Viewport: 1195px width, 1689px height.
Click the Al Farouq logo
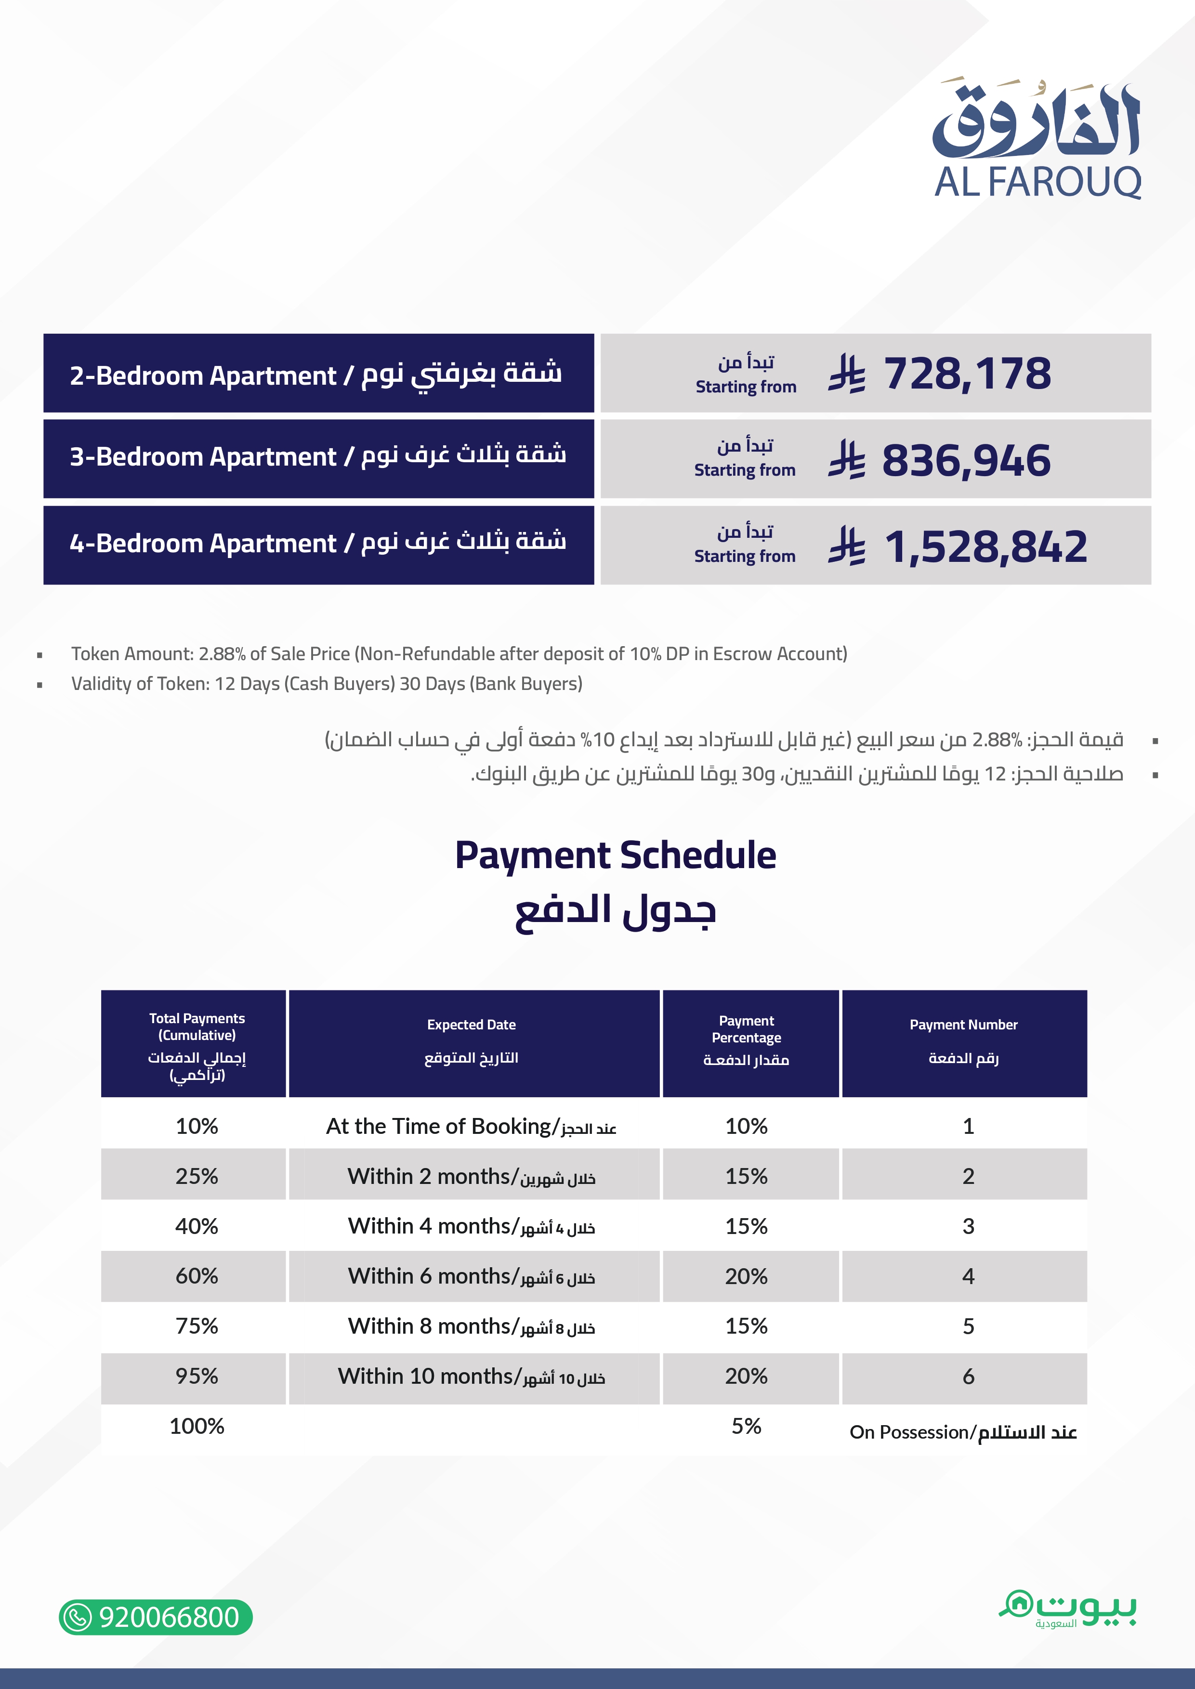(x=1037, y=140)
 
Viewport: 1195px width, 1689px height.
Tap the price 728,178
(x=967, y=374)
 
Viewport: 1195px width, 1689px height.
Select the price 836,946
(x=965, y=460)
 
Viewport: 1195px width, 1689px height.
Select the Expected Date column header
(x=472, y=1041)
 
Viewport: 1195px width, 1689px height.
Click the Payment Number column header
(x=963, y=1041)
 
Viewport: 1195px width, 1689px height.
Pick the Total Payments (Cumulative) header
(x=197, y=1045)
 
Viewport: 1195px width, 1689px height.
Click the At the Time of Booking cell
(x=472, y=1126)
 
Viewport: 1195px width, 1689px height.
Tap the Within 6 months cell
(x=472, y=1276)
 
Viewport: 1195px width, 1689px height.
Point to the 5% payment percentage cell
(x=746, y=1427)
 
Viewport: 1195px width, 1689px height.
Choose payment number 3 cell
(x=968, y=1226)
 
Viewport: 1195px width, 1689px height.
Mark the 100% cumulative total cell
(x=197, y=1427)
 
